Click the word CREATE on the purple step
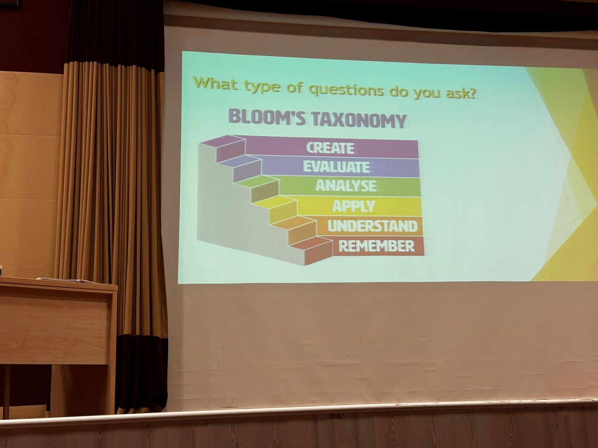point(330,148)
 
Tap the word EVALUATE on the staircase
point(336,167)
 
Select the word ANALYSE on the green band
point(346,186)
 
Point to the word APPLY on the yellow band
point(354,206)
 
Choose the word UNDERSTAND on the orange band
point(372,226)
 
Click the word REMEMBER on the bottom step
point(376,246)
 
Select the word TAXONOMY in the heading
point(359,120)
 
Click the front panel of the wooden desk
point(55,326)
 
